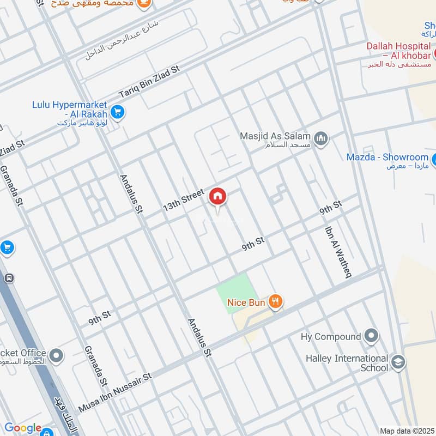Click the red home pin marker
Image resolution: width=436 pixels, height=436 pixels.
[217, 196]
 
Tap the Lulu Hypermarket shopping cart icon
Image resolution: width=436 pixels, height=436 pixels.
[117, 113]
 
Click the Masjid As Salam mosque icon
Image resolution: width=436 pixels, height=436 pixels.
[322, 140]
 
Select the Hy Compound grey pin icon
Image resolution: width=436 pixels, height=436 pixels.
[372, 336]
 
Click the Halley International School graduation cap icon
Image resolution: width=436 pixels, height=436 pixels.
[399, 363]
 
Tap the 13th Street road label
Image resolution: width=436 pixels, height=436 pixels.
[183, 201]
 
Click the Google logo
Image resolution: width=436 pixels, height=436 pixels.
[23, 428]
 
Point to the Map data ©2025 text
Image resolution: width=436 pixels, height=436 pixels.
[407, 431]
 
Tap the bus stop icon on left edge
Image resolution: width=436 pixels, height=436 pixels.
[9, 278]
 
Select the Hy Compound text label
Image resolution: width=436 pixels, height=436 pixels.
[330, 337]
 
